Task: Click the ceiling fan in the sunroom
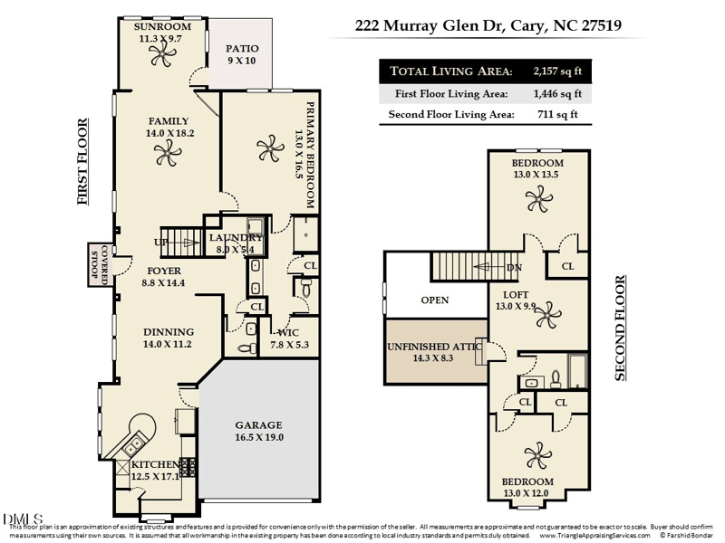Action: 163,54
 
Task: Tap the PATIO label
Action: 242,54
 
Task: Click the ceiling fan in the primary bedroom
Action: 269,146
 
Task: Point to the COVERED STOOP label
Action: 98,264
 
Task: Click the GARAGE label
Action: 258,431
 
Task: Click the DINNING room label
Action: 143,338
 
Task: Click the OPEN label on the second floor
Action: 434,300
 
